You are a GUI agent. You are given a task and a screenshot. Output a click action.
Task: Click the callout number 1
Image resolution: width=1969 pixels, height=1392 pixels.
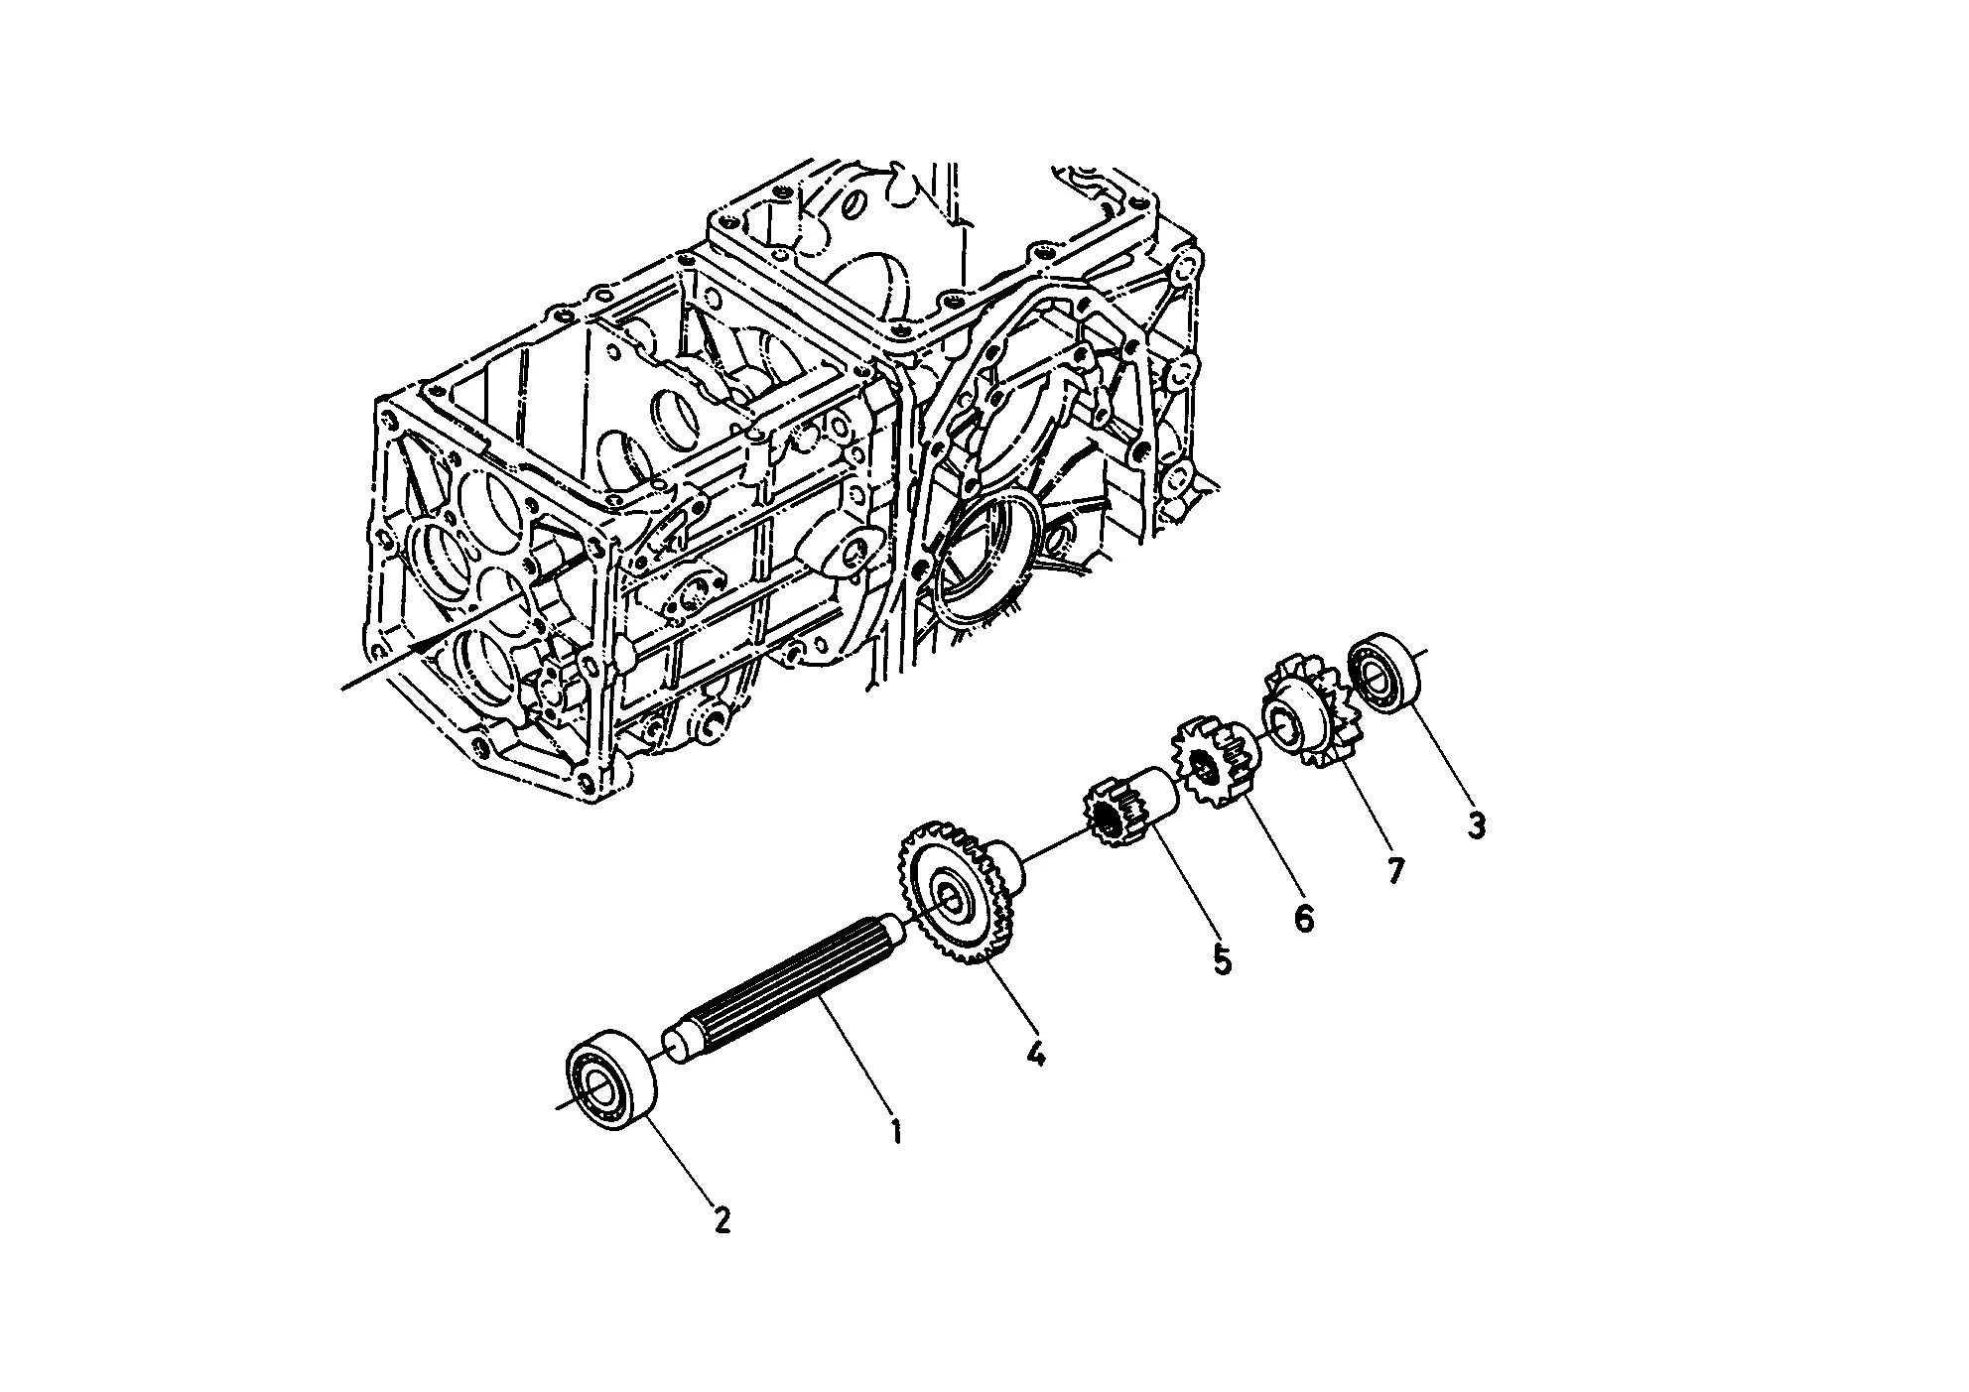895,1131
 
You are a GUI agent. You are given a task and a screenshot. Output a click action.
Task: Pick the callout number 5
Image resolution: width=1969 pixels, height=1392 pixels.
1222,959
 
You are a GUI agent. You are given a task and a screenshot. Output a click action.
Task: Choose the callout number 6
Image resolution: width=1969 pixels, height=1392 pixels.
1304,918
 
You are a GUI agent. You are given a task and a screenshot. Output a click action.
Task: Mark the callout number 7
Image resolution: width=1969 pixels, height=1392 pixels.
1395,871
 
